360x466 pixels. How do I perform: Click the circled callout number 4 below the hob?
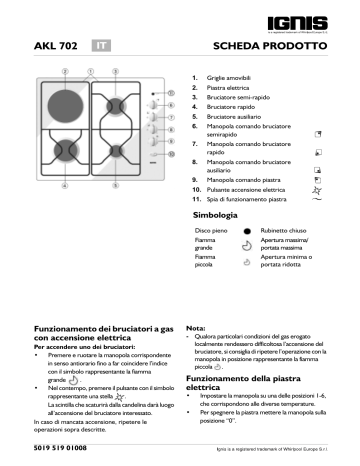pos(64,186)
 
